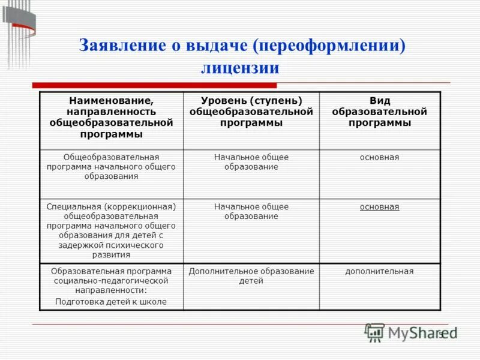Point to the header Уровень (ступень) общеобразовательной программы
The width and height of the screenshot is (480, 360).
point(251,112)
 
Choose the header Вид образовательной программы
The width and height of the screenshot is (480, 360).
point(379,112)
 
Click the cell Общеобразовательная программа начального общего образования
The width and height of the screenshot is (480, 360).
point(111,167)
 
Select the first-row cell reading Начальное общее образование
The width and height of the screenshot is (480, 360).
point(251,162)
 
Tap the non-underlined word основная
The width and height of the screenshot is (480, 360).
point(379,157)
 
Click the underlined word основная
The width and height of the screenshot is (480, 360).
point(379,206)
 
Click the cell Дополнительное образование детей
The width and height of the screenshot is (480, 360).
point(251,276)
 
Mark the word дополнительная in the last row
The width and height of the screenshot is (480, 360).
point(379,271)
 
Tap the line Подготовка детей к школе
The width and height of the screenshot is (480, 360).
point(111,302)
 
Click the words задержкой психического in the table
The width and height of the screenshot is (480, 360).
point(111,245)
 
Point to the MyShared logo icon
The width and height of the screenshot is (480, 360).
point(375,332)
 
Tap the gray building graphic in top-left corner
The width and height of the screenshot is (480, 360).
point(18,27)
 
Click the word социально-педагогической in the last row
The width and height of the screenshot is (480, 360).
point(111,280)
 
